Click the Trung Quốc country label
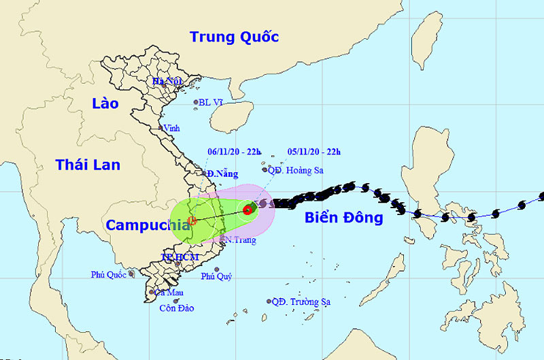(234, 37)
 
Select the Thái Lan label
(88, 165)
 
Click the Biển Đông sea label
(343, 218)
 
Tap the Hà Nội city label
(167, 82)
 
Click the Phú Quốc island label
(109, 274)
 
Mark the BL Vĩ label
(211, 103)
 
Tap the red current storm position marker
(248, 210)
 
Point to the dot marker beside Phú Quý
(216, 269)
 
